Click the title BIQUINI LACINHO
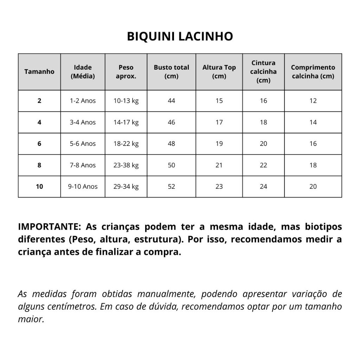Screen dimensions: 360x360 pyautogui.click(x=180, y=36)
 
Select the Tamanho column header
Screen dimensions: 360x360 pyautogui.click(x=39, y=72)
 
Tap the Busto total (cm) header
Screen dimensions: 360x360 pyautogui.click(x=171, y=72)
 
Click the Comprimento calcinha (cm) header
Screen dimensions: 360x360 pyautogui.click(x=313, y=72)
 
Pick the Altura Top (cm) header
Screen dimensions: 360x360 pyautogui.click(x=219, y=72)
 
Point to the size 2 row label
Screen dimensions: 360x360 pyautogui.click(x=39, y=101)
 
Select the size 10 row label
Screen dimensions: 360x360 pyautogui.click(x=39, y=187)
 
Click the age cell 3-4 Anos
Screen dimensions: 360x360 pyautogui.click(x=83, y=122)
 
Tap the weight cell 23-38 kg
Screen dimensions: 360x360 pyautogui.click(x=126, y=165)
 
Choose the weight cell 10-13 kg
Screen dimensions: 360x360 pyautogui.click(x=126, y=101)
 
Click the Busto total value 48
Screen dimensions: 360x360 pyautogui.click(x=171, y=144)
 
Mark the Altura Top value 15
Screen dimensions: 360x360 pyautogui.click(x=219, y=101)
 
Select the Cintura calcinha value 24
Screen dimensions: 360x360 pyautogui.click(x=263, y=187)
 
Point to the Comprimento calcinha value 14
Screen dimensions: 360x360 pyautogui.click(x=313, y=122)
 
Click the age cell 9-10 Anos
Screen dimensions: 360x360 pyautogui.click(x=83, y=187)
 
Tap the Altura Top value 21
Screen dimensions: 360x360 pyautogui.click(x=219, y=165)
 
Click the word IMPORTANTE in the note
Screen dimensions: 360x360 pyautogui.click(x=50, y=226)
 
